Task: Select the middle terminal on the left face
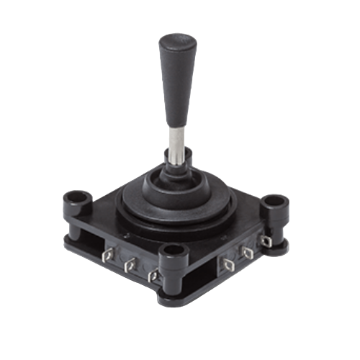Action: click(x=130, y=267)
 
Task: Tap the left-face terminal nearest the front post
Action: click(x=151, y=276)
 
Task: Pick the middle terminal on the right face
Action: click(x=249, y=252)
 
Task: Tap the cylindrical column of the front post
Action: click(x=171, y=270)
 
